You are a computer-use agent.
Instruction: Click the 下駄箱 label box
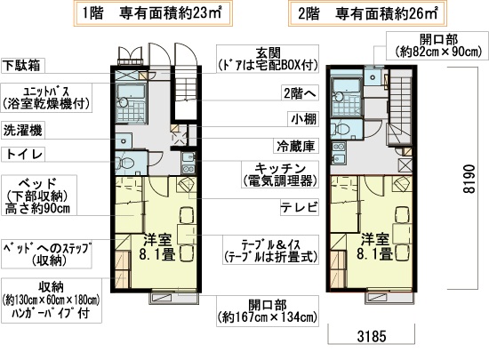coord(25,65)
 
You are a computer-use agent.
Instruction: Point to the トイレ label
coord(25,153)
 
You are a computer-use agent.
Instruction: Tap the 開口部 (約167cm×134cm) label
coord(267,308)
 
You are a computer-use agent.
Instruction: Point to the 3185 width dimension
coord(368,338)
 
